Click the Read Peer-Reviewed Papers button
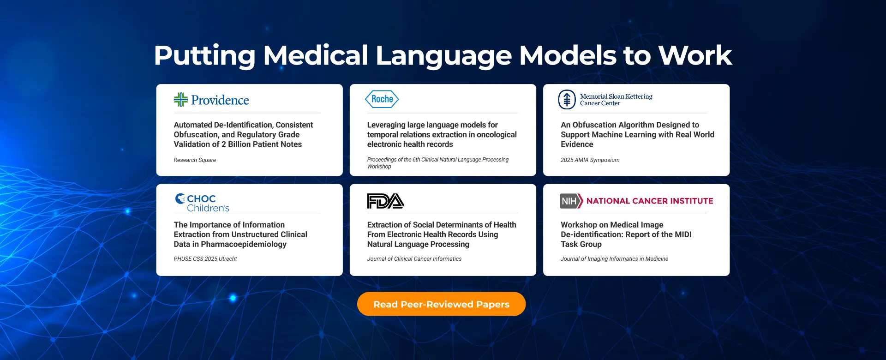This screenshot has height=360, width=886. (441, 304)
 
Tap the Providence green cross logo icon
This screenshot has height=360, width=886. (181, 100)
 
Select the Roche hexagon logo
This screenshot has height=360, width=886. (382, 99)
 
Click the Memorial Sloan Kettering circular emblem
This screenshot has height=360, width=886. (567, 100)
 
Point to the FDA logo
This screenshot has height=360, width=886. (385, 201)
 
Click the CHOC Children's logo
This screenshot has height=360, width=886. (202, 203)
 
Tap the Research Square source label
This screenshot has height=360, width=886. (195, 160)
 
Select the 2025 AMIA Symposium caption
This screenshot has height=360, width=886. (590, 160)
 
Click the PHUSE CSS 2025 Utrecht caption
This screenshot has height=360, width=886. (205, 259)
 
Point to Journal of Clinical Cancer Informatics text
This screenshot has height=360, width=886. (414, 259)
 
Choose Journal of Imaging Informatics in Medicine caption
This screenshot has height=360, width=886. (614, 259)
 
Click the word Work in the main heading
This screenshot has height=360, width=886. (695, 55)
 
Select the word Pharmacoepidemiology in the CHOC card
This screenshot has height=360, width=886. (244, 244)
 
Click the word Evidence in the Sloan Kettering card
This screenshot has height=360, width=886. (577, 144)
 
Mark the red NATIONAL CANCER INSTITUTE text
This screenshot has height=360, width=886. (650, 201)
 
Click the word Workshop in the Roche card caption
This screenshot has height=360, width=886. (379, 167)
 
